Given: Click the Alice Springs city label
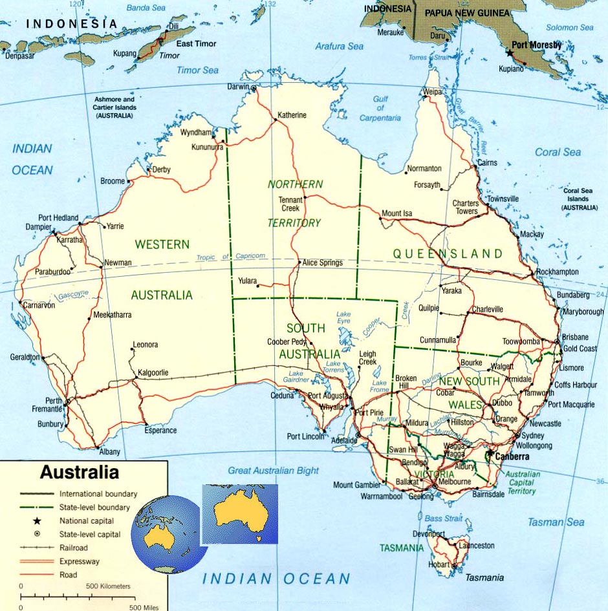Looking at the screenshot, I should [322, 263].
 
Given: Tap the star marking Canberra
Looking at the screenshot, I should [488, 455].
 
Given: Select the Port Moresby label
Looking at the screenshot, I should [536, 45].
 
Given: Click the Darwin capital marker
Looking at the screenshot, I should [254, 87].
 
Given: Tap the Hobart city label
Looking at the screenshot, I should [439, 564].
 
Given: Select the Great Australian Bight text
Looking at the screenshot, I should [273, 471].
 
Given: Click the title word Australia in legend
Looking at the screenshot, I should [79, 472].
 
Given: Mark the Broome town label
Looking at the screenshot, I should [113, 182].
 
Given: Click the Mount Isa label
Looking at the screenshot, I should [396, 214].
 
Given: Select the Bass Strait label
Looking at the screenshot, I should [443, 519].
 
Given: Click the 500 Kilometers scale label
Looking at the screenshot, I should [109, 586].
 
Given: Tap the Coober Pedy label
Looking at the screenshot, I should [287, 342].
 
